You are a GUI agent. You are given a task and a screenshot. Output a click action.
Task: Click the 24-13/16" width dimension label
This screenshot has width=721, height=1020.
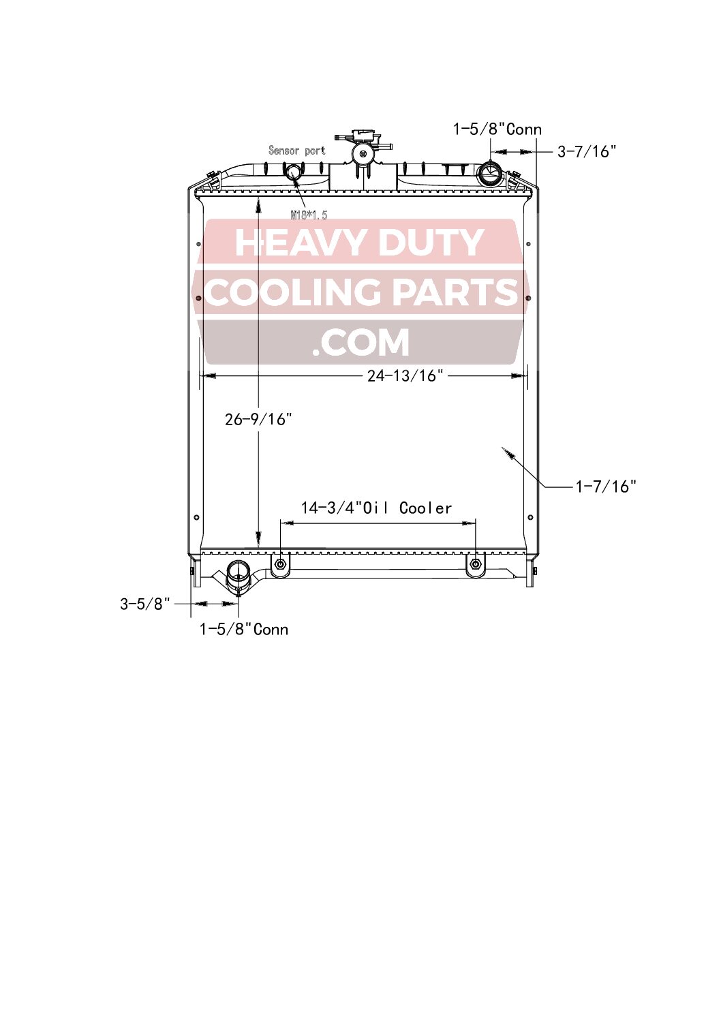tap(405, 375)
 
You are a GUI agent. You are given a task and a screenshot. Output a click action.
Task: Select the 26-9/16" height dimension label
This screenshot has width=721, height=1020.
tap(258, 419)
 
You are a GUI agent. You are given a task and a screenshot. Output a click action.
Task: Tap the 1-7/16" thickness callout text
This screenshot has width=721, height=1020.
tap(606, 486)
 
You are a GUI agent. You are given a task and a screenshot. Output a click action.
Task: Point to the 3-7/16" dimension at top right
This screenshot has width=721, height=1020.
tap(587, 151)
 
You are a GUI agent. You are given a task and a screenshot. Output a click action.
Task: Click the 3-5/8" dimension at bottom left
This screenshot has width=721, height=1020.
tap(145, 604)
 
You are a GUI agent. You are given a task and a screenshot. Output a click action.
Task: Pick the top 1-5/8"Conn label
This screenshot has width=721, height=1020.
tap(497, 129)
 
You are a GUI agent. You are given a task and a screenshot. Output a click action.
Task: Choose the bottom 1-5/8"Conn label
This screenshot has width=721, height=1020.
tap(243, 630)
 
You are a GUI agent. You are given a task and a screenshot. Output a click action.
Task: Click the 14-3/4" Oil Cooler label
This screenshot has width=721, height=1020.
tap(376, 508)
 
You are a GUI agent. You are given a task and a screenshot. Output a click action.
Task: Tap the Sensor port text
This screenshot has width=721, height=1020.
tap(296, 151)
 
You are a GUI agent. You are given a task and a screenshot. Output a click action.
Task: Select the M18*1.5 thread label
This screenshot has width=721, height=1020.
tap(309, 215)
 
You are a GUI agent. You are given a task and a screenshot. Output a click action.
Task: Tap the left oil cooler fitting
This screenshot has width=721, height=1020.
tap(280, 564)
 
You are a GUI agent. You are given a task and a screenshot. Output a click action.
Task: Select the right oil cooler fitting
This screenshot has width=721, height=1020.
tap(476, 564)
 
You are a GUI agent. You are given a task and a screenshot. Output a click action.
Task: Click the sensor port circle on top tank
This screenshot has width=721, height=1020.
tap(293, 172)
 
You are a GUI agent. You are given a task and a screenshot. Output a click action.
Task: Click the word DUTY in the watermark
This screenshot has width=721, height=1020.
tap(430, 243)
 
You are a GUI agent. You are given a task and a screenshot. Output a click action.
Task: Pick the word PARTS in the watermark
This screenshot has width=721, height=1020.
tap(455, 292)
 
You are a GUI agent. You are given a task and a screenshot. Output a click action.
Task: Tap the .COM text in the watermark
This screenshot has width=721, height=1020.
tap(360, 343)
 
